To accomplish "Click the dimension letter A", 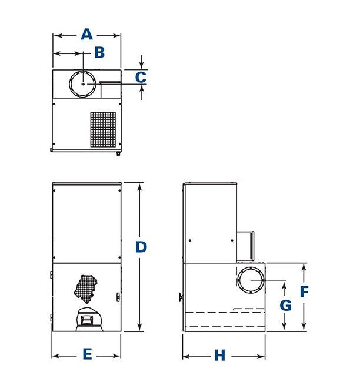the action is point(87,34).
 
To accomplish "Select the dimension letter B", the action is point(99,52).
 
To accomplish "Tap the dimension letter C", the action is point(141,77).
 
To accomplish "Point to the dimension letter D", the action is point(141,247).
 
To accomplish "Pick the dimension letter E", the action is point(87,354).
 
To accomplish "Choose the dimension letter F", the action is point(304,291).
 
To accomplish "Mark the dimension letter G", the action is point(286,305).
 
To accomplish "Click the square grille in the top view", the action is point(103,129).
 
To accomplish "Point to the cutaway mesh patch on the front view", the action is point(86,289).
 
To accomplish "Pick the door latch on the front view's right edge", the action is point(118,297).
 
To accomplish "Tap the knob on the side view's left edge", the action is point(181,297).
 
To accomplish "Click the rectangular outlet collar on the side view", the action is point(245,246).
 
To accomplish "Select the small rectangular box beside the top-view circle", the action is point(110,89).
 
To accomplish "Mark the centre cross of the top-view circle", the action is point(83,84).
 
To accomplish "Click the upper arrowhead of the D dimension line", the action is point(139,187).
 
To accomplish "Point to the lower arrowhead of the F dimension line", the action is point(304,327).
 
